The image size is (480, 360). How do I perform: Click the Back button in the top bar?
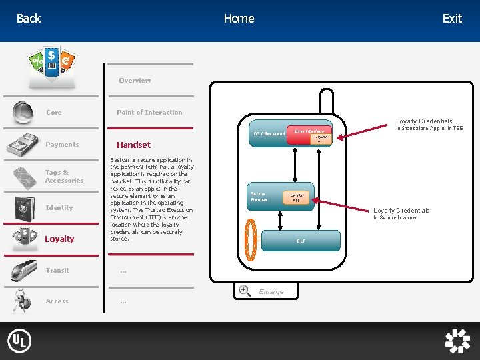coord(29,19)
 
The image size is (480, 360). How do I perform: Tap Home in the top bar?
coord(239,19)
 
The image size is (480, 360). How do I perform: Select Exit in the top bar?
coord(452,19)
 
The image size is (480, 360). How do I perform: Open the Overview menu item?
coord(135,81)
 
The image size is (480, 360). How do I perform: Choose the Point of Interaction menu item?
coord(149,113)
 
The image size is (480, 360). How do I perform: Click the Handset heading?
coord(133,145)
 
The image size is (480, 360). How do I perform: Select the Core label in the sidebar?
coord(53,113)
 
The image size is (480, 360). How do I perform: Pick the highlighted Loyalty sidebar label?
coord(59,239)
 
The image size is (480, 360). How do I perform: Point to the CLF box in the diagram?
coord(301,241)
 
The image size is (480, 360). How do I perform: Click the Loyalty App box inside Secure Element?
coord(296,197)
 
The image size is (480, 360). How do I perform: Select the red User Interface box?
coord(309,131)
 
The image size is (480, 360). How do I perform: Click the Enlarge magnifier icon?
coord(245,291)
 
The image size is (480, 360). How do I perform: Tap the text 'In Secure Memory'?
coord(395,218)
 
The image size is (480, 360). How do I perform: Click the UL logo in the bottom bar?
coord(19,341)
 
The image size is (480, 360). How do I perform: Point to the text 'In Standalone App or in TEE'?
coord(429,129)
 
